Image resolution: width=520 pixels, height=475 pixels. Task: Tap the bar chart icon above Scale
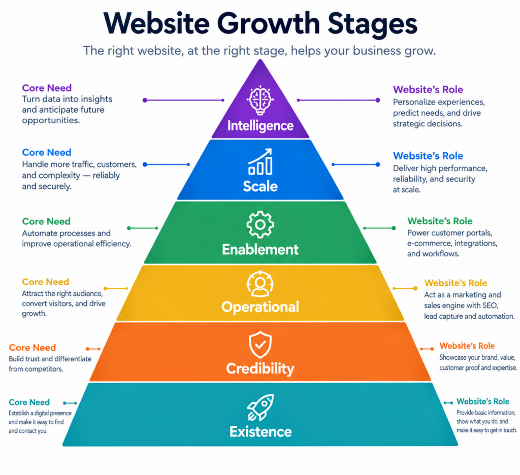pos(261,161)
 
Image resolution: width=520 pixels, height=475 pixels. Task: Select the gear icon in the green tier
pos(261,224)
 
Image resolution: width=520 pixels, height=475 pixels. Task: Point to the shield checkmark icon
pos(261,345)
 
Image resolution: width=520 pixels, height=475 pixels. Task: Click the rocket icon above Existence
pos(261,407)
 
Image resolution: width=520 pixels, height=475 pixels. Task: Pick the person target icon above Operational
pos(261,284)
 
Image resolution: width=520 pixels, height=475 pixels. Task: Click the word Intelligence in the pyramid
pos(261,126)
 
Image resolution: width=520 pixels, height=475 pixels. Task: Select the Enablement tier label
pos(261,249)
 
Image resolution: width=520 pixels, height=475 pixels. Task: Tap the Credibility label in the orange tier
pos(261,368)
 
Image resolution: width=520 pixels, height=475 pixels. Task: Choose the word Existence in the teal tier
pos(261,431)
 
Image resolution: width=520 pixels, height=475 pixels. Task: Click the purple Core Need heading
pos(47,88)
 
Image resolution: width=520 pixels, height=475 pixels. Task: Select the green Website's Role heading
pos(440,221)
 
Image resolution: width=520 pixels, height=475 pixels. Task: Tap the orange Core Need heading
pos(32,348)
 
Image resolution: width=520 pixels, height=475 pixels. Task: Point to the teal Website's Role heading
pos(483,401)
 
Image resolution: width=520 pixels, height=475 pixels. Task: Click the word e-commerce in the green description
pos(429,243)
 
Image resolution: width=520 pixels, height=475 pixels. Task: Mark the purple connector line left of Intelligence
pos(184,100)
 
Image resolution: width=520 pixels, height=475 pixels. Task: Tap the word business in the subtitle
pos(376,51)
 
